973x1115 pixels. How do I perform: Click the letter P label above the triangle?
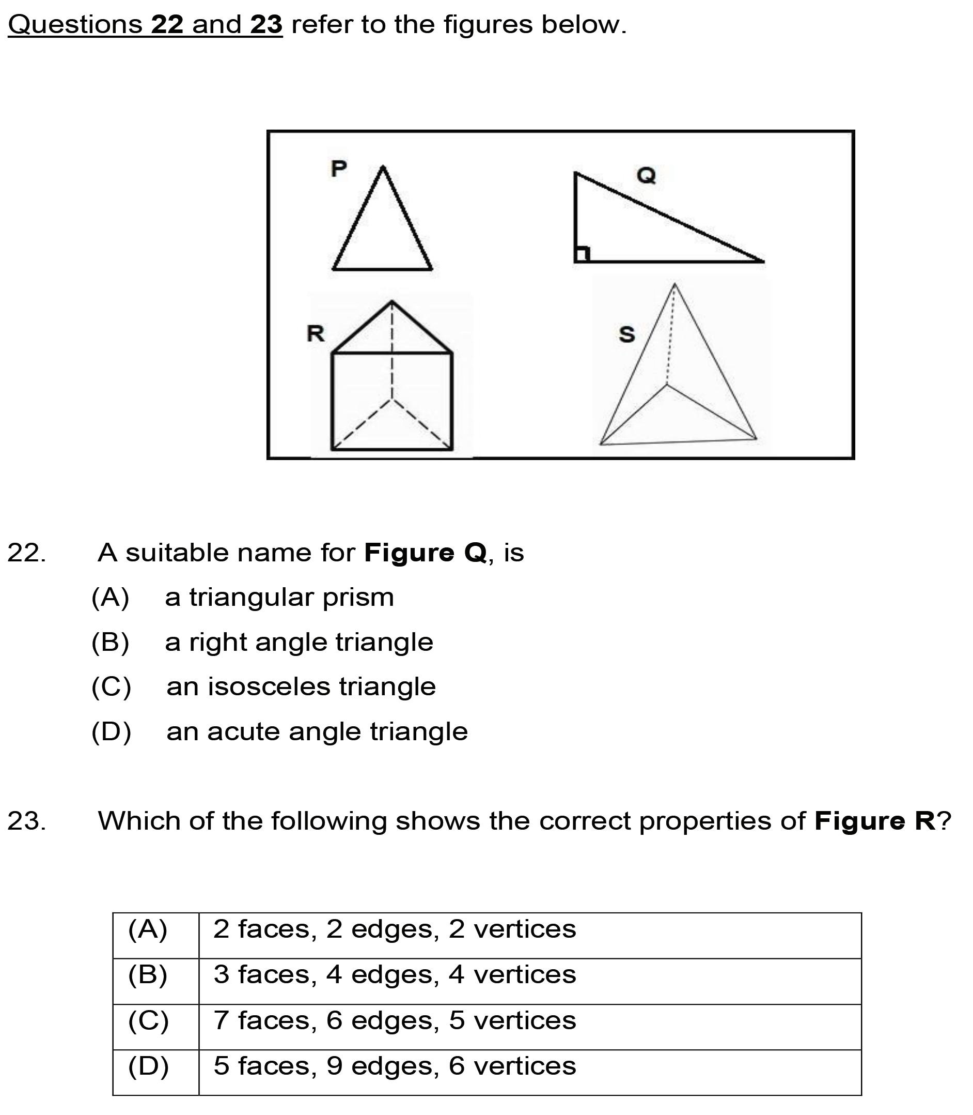point(338,169)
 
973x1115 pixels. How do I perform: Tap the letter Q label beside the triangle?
point(646,176)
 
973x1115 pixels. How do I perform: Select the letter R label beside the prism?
point(316,333)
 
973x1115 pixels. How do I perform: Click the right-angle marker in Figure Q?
point(582,254)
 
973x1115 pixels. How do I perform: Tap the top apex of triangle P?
point(383,167)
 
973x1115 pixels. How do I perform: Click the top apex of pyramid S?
point(674,284)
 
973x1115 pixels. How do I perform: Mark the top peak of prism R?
point(392,301)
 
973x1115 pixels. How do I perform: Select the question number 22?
point(27,553)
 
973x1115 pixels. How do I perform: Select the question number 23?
point(27,821)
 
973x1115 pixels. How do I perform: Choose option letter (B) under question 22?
point(110,642)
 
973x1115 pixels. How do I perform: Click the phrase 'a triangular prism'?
point(279,597)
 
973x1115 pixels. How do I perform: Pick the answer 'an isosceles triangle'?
point(301,687)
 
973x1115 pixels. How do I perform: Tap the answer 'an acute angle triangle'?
point(317,732)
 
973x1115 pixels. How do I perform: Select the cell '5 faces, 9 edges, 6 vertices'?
point(394,1066)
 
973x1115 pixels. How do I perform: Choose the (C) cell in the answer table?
point(148,1020)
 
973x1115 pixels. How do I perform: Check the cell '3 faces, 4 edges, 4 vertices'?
point(394,975)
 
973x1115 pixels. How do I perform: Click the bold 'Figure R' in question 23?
point(875,821)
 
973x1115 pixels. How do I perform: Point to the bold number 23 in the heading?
point(266,25)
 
